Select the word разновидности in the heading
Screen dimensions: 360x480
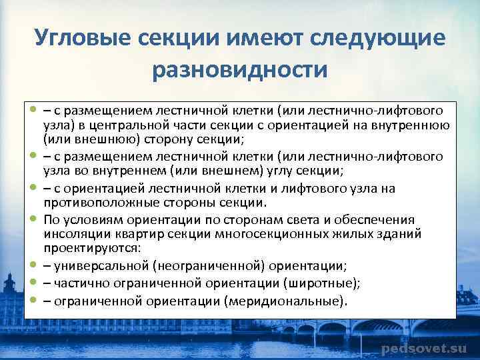[240, 69]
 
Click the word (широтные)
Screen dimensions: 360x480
[323, 283]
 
